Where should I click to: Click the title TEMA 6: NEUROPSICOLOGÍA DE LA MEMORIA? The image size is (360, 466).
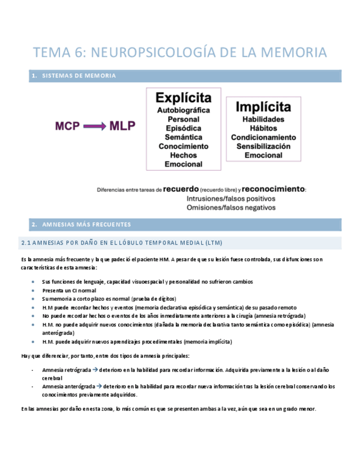coord(180,52)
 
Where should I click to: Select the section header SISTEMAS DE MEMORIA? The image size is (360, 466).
coord(79,76)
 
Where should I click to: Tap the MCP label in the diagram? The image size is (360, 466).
coord(67,126)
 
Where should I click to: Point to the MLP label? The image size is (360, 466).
coord(122,126)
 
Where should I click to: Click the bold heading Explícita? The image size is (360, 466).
coord(184,98)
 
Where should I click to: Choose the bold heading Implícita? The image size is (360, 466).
coord(263,106)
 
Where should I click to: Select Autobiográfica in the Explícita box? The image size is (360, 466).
coord(184,110)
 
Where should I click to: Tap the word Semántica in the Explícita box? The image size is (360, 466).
coord(184,137)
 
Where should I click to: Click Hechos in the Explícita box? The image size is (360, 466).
coord(184,155)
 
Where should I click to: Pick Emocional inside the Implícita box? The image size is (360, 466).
coord(263,155)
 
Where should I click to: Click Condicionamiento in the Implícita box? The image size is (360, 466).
coord(263,137)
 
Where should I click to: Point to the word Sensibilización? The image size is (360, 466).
coord(263,146)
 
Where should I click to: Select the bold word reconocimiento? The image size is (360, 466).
coord(273,189)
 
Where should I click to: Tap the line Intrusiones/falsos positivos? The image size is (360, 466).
coord(231,198)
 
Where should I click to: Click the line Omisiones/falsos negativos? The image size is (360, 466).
coord(231,207)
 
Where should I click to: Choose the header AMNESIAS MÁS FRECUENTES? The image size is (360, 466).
coord(86,224)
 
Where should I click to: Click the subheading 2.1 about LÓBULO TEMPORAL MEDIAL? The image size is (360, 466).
coord(121,242)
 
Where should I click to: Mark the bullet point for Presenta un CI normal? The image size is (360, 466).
coord(35,290)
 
